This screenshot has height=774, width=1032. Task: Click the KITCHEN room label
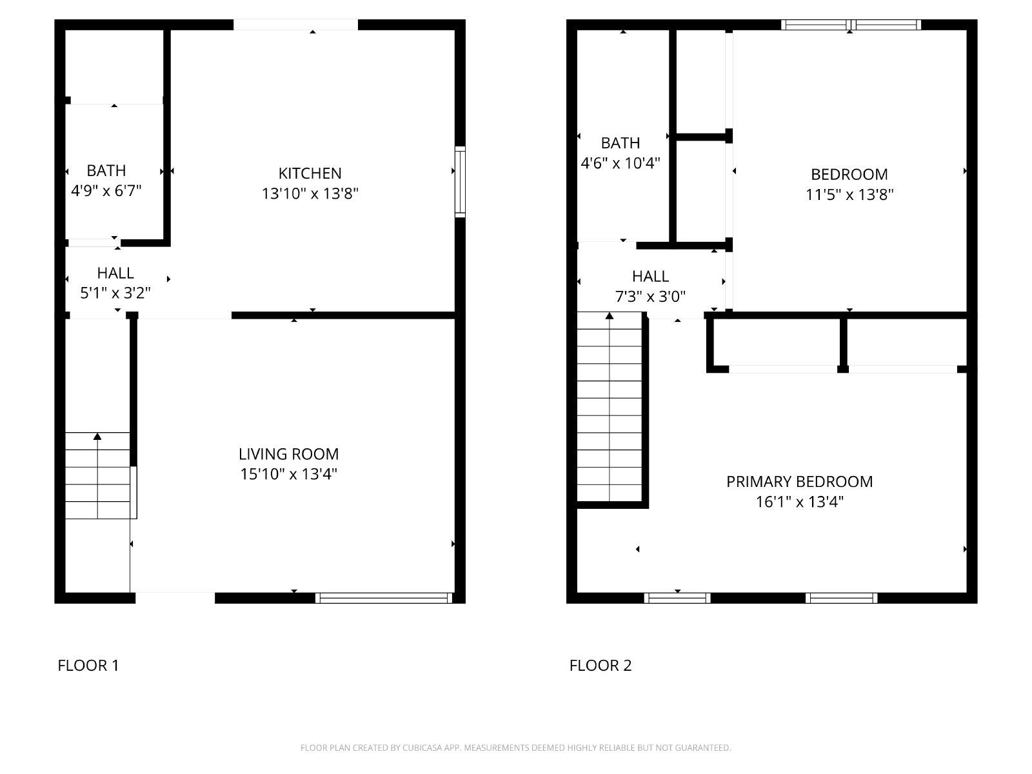pyautogui.click(x=310, y=174)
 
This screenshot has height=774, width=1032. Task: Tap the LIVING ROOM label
pyautogui.click(x=289, y=454)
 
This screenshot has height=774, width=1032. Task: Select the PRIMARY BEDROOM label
pyautogui.click(x=799, y=482)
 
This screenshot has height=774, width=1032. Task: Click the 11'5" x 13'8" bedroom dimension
pyautogui.click(x=849, y=195)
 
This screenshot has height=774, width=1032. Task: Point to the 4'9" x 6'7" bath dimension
pyautogui.click(x=106, y=191)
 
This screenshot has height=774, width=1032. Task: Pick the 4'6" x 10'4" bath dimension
pyautogui.click(x=620, y=163)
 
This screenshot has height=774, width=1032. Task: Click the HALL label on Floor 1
pyautogui.click(x=115, y=273)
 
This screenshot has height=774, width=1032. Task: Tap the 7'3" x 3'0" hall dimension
pyautogui.click(x=650, y=297)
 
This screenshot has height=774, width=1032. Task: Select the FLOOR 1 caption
pyautogui.click(x=88, y=666)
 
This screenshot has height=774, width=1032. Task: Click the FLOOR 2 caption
pyautogui.click(x=600, y=666)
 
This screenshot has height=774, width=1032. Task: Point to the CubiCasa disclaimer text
pyautogui.click(x=516, y=748)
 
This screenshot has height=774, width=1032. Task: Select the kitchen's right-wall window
pyautogui.click(x=461, y=182)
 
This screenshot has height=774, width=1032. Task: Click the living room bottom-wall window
pyautogui.click(x=384, y=598)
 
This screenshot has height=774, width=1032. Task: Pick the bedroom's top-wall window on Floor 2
pyautogui.click(x=851, y=25)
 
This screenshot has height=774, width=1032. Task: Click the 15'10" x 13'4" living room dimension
pyautogui.click(x=289, y=474)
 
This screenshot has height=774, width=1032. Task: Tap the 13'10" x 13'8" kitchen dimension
pyautogui.click(x=310, y=193)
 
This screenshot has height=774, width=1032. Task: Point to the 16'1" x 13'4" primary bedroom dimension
pyautogui.click(x=799, y=502)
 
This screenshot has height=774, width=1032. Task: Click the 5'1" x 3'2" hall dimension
pyautogui.click(x=115, y=293)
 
